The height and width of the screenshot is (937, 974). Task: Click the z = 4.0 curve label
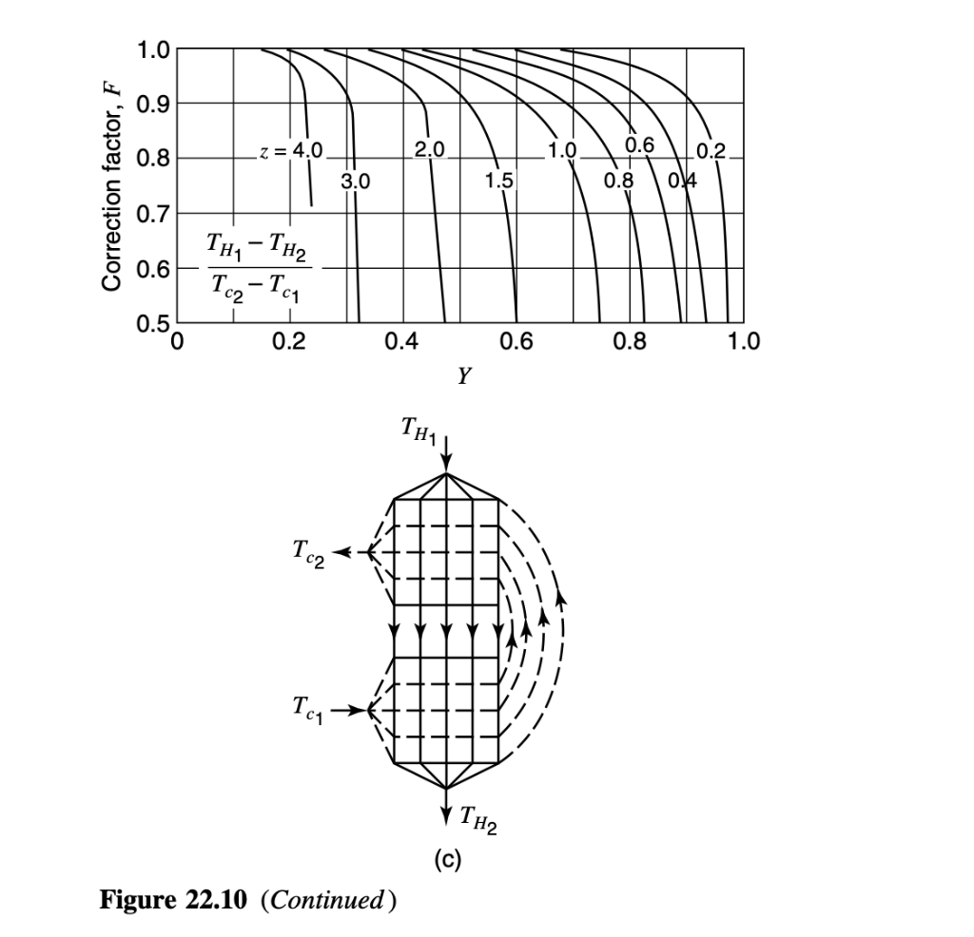[291, 151]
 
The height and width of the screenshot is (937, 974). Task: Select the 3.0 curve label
[356, 182]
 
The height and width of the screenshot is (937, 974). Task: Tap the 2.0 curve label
[429, 149]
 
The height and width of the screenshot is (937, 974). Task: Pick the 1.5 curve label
[499, 181]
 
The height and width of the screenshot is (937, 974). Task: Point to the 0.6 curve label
[639, 145]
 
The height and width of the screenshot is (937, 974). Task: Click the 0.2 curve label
[711, 151]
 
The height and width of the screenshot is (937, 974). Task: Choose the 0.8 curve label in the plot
[618, 181]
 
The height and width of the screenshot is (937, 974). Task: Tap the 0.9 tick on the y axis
[153, 104]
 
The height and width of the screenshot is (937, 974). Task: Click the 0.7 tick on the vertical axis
[153, 215]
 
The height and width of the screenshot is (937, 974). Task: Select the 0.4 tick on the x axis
[402, 341]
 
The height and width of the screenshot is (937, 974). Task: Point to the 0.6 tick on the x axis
[516, 341]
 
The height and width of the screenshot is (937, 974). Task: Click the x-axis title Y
[464, 375]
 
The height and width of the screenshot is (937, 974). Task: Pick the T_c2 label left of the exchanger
[308, 553]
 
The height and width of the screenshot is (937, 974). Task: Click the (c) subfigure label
[447, 859]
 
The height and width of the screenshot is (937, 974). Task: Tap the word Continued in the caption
[327, 899]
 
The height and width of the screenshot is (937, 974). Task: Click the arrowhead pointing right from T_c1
[359, 710]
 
